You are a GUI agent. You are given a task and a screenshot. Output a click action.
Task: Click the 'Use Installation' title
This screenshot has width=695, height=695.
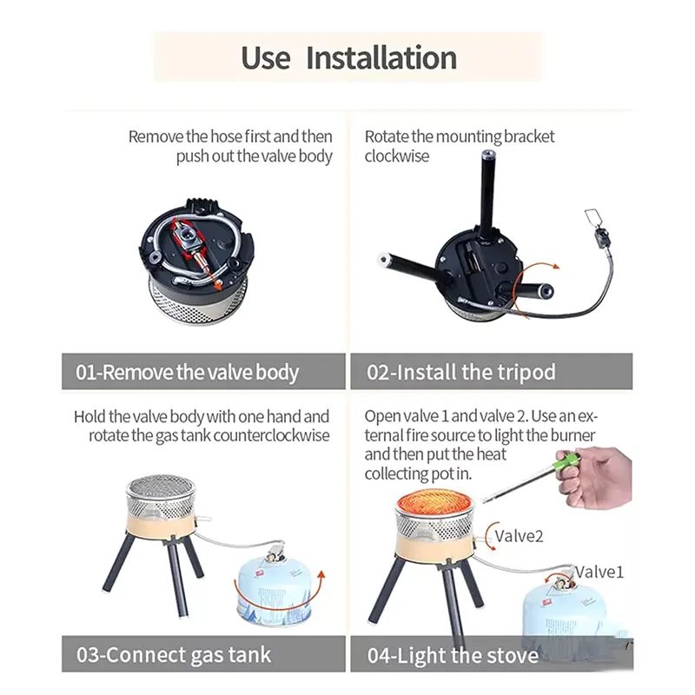[348, 57]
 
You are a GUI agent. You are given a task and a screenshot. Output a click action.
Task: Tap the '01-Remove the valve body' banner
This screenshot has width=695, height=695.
[203, 372]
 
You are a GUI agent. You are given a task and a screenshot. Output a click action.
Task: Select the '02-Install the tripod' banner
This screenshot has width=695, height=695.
[492, 372]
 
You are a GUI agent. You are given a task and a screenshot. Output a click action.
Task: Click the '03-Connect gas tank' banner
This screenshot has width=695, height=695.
[203, 654]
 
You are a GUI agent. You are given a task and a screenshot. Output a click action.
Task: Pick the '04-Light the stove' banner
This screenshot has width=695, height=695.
[492, 655]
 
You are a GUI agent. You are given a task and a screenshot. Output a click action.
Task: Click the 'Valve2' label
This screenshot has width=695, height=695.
[519, 536]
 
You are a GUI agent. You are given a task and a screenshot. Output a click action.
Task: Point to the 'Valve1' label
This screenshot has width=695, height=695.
[599, 572]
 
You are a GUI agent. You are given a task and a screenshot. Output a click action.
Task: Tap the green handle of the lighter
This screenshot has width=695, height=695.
[566, 463]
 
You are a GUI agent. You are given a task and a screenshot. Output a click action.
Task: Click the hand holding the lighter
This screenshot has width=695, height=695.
[596, 477]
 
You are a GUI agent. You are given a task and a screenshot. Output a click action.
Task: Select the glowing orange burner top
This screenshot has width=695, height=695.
[435, 502]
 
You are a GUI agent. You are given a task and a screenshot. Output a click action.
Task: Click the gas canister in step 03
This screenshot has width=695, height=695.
[275, 589]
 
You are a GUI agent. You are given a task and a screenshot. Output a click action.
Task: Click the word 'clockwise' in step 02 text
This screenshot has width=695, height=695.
[397, 156]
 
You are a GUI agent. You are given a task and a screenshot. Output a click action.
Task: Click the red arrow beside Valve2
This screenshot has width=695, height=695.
[487, 537]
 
